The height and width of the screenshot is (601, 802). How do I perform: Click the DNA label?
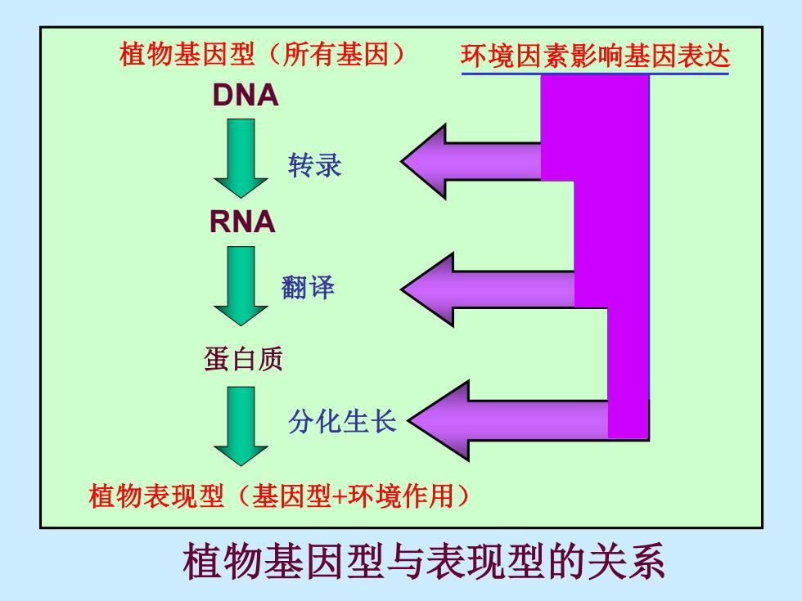(246, 95)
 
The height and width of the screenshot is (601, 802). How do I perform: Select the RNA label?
(242, 222)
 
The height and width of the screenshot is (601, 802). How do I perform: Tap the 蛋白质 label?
(243, 359)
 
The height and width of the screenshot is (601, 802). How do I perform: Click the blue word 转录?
(314, 165)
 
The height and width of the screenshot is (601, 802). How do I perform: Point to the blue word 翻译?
(308, 287)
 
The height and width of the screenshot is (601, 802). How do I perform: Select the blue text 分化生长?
(342, 422)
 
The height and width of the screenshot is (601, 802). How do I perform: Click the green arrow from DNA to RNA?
(241, 159)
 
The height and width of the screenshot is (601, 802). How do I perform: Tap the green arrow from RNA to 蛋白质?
(241, 286)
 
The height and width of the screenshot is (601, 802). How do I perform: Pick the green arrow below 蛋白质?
(241, 426)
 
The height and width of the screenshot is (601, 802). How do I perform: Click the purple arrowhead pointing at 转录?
(425, 162)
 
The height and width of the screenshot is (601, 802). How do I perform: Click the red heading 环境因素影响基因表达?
(595, 56)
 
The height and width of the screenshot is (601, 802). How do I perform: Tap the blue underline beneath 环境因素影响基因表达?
(595, 74)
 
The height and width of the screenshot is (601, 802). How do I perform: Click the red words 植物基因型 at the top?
(187, 54)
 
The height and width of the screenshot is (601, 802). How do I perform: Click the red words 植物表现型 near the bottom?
(156, 496)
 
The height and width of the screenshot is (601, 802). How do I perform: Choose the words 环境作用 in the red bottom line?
(401, 496)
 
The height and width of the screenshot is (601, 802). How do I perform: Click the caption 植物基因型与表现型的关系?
(424, 562)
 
